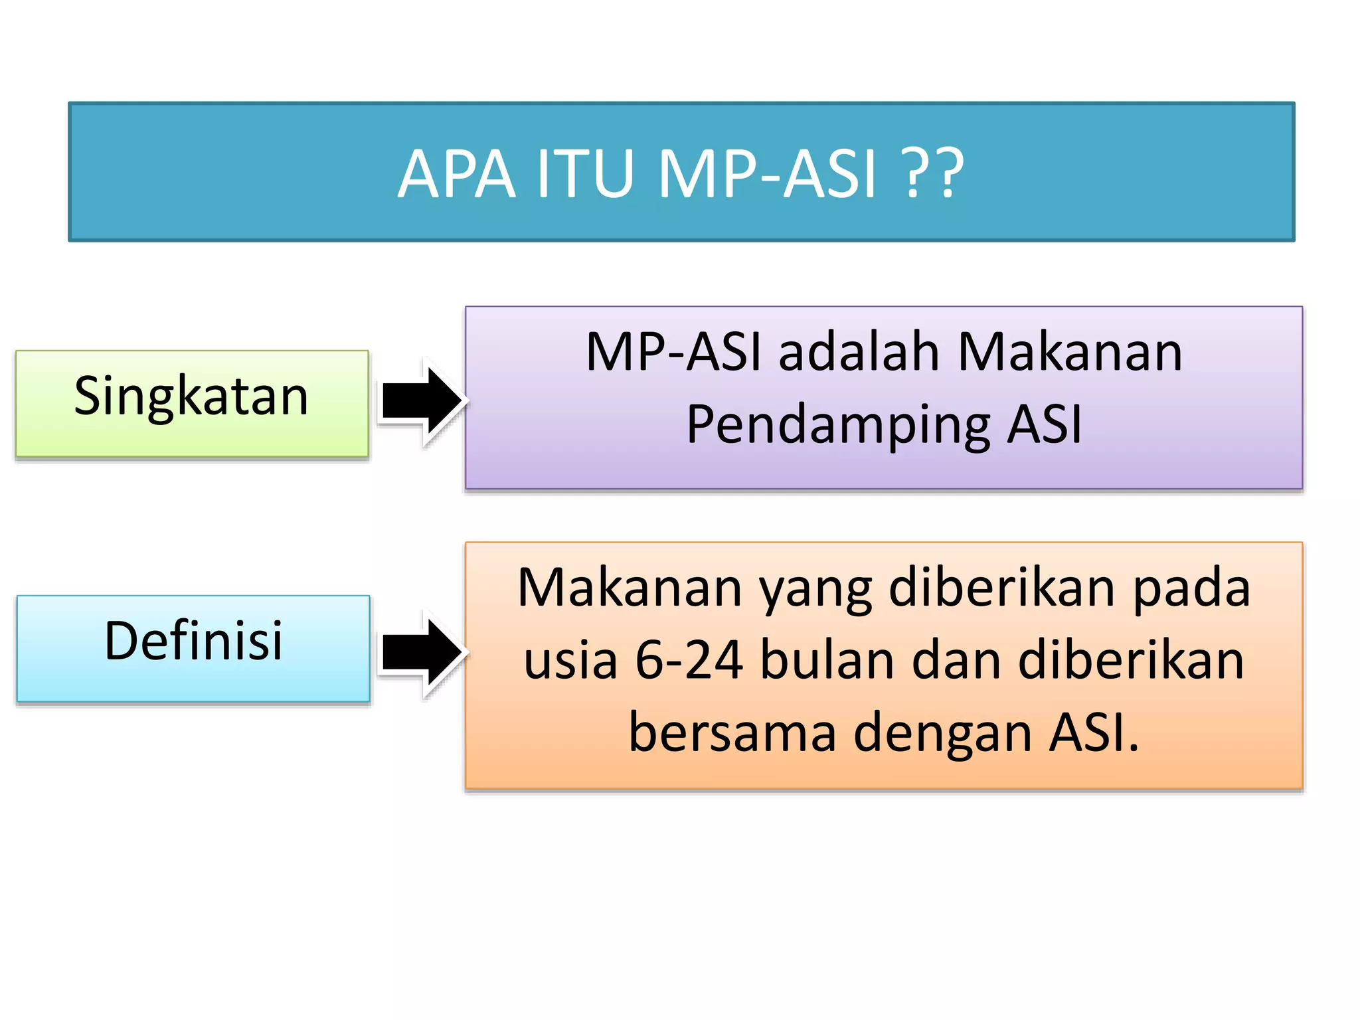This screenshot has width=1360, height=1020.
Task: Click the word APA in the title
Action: [457, 174]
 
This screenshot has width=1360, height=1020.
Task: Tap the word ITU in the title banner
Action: [584, 174]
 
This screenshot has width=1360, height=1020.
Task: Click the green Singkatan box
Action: [191, 403]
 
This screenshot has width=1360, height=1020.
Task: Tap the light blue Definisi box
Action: [193, 648]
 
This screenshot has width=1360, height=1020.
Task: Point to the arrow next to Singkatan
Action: [422, 400]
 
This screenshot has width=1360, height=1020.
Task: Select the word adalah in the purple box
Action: [859, 352]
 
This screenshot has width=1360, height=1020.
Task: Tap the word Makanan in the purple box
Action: [1070, 352]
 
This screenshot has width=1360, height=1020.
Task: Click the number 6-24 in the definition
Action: [689, 661]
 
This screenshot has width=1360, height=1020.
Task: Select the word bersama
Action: [732, 733]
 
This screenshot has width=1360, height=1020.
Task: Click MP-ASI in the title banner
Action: [768, 174]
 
